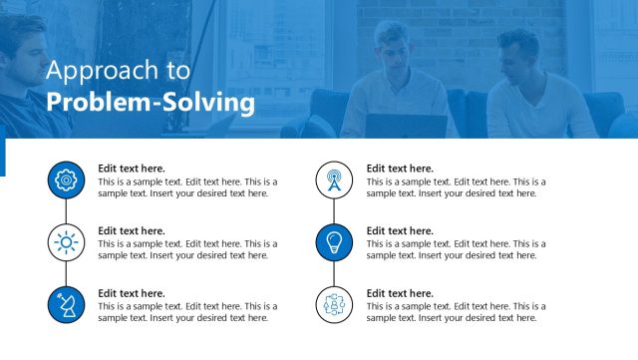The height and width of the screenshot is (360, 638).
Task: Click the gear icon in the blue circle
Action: [67, 180]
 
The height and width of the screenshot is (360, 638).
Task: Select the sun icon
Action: [67, 242]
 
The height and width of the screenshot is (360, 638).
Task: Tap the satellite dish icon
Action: [67, 304]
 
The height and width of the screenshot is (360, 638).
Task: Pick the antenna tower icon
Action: [334, 180]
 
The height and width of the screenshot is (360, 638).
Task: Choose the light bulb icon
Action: [334, 242]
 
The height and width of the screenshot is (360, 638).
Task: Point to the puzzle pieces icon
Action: [334, 304]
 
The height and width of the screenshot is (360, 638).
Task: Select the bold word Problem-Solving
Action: [151, 102]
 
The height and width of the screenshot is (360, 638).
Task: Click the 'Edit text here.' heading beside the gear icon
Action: [132, 169]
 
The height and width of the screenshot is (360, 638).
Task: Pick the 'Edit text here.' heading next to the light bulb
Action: [400, 231]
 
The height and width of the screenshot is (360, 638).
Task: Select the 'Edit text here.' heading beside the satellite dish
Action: [132, 293]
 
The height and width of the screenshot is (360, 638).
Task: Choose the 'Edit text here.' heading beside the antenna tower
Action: [400, 169]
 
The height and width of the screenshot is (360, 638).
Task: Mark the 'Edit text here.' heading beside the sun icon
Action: [132, 231]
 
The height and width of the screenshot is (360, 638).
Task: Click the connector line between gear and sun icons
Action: [67, 211]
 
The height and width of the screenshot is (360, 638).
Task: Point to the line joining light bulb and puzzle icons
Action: [334, 273]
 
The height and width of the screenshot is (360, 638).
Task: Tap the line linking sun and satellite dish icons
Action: [67, 273]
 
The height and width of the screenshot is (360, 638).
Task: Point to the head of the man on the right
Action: [518, 50]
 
